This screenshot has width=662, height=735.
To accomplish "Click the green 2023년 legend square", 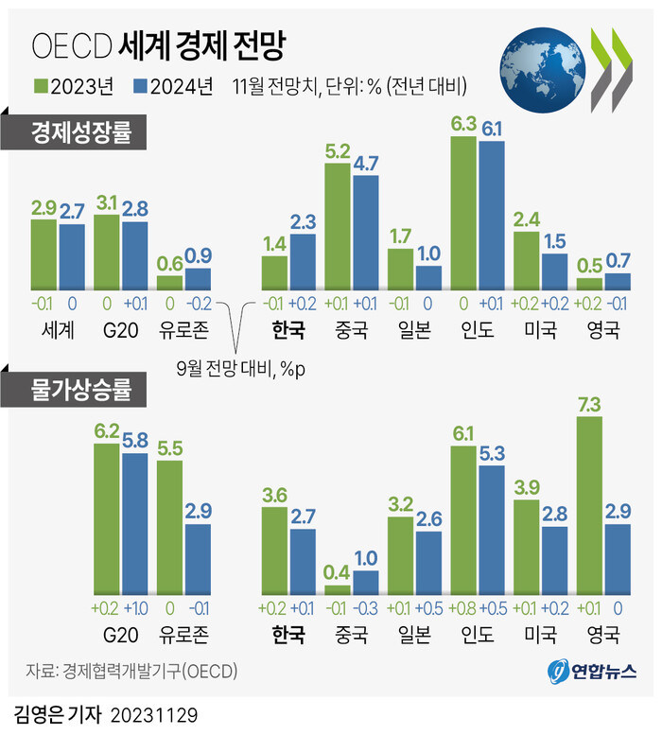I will coord(41,87).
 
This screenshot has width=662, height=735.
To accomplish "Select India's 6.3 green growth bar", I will coord(463,213).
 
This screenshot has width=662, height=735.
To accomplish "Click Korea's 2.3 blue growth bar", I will coord(303,261).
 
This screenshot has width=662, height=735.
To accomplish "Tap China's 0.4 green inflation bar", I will coord(338,586).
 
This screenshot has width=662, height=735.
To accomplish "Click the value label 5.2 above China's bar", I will coord(338,150).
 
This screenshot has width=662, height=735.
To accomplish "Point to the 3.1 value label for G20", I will coord(106,202).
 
